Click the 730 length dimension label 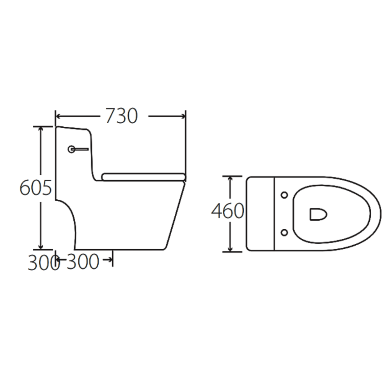pos(121,116)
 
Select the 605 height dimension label pos(35,188)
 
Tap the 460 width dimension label pos(227,211)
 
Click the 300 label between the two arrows pos(82,262)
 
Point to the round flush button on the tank pos(71,149)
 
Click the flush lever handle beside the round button pos(82,149)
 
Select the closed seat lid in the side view pos(143,177)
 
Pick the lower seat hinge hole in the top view pos(284,232)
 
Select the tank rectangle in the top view pos(261,214)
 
